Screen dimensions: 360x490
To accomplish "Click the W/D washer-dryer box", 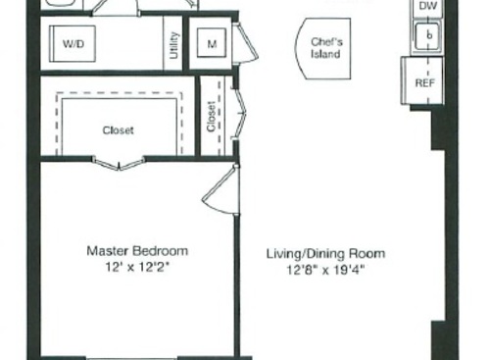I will click(x=73, y=44).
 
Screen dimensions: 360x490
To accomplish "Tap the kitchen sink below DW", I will click(x=426, y=36).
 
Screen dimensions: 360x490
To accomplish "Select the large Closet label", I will click(x=119, y=129).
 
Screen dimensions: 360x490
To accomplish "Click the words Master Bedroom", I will click(x=136, y=251).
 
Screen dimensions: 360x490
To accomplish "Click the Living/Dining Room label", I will click(x=325, y=252).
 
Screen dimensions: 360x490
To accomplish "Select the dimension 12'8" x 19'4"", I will click(x=325, y=268).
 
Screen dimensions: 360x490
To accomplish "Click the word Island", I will click(x=325, y=54).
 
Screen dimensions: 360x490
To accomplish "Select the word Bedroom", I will click(x=162, y=251).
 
